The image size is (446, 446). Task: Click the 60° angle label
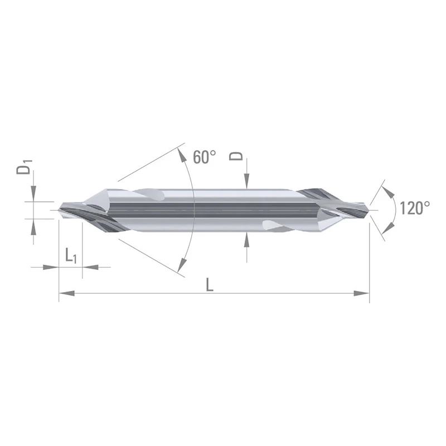(204, 157)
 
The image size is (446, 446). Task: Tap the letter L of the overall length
(209, 285)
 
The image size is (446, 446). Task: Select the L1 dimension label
(71, 256)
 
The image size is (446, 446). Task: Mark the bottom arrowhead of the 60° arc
(180, 270)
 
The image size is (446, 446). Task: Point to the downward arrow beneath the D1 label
(33, 193)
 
